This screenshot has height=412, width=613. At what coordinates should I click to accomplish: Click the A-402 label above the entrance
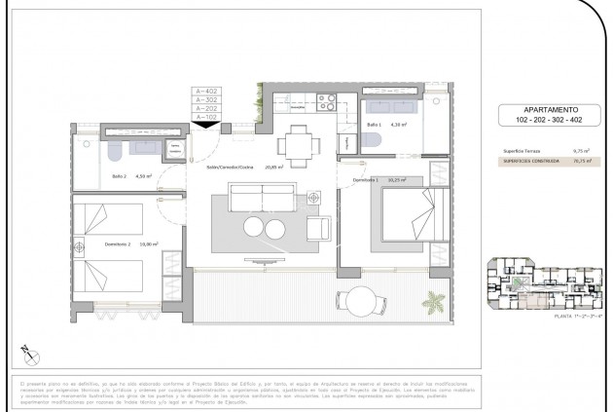coord(205,91)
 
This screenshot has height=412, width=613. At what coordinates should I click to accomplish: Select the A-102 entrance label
coord(205,117)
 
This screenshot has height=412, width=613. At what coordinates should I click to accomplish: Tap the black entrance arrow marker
coord(205,124)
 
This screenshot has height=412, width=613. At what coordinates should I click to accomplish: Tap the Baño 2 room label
coord(120,176)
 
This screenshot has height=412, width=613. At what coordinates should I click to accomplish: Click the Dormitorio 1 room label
coord(366,180)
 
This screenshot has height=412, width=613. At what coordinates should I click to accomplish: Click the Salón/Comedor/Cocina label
coord(229,168)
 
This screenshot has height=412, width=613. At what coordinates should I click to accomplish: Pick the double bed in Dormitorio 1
coord(412,215)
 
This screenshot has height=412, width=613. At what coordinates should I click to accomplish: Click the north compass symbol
coord(26,355)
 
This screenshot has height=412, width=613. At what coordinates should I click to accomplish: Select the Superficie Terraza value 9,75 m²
coord(556,152)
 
